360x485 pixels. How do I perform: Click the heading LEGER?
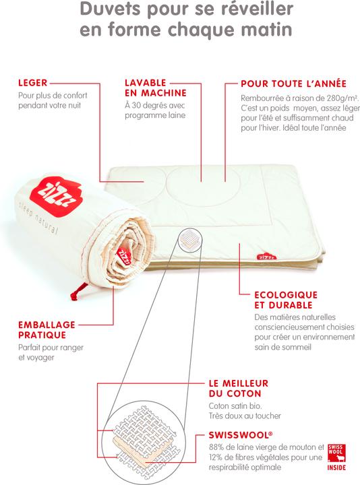(x=32, y=84)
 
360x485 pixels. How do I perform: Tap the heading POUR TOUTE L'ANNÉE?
(x=293, y=84)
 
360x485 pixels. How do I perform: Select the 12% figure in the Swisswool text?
(x=218, y=459)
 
